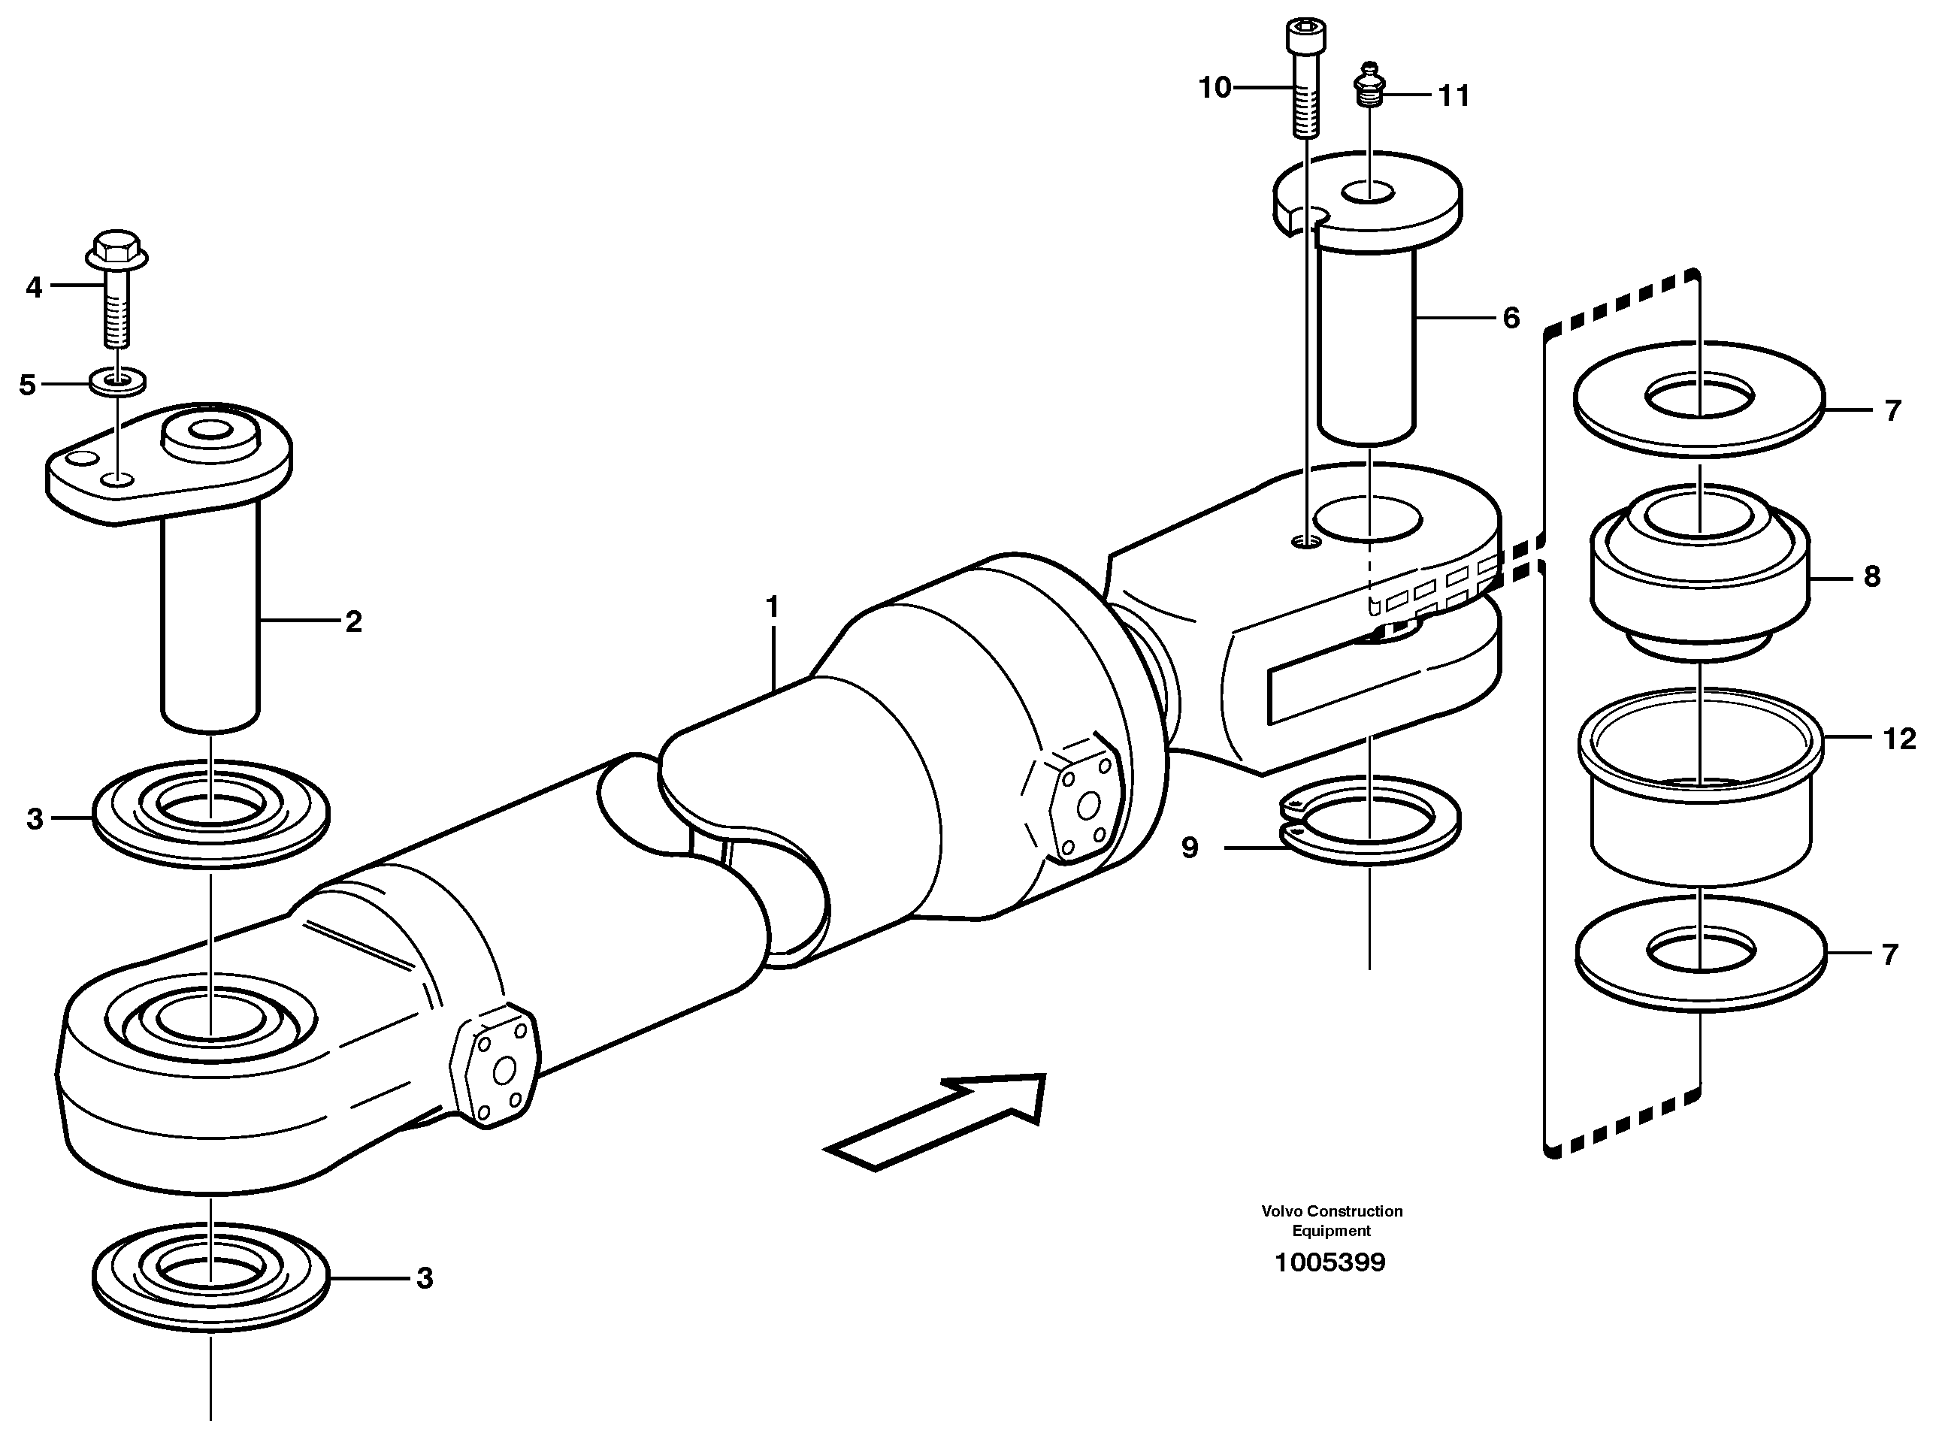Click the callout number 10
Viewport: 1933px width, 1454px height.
(x=1214, y=87)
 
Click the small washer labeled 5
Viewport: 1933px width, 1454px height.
(x=117, y=382)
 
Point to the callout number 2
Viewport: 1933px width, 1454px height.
(x=353, y=622)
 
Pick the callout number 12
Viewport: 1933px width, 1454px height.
(x=1898, y=739)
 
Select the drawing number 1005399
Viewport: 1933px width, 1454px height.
(x=1330, y=1262)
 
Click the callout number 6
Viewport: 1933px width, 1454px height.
(x=1511, y=318)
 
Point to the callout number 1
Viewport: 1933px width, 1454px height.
(x=772, y=606)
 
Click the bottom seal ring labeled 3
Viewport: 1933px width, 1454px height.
(x=210, y=1277)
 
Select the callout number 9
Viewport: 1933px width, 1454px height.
(x=1190, y=848)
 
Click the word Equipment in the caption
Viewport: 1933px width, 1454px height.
(x=1331, y=1231)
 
